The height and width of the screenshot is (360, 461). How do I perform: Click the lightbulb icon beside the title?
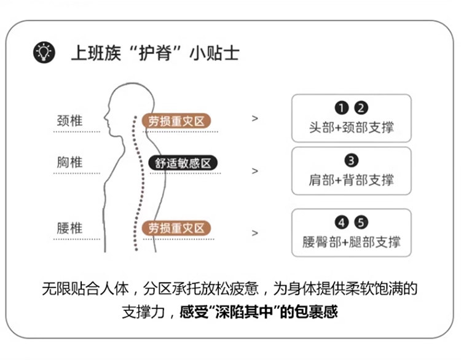[x=43, y=52]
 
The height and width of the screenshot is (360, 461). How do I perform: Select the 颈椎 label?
[x=69, y=119]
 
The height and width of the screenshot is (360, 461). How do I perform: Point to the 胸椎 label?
[x=69, y=163]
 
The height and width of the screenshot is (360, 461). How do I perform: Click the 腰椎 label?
[x=69, y=229]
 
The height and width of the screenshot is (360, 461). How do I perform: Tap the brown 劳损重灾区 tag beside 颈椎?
[x=176, y=120]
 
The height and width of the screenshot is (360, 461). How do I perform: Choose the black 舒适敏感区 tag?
[x=183, y=163]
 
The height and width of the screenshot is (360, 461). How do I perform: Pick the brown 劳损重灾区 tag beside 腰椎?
[x=176, y=229]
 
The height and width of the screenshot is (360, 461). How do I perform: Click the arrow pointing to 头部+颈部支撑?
[x=255, y=118]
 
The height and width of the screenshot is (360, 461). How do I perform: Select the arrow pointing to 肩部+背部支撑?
[x=255, y=171]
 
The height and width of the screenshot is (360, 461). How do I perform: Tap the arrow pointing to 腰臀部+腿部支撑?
[x=255, y=233]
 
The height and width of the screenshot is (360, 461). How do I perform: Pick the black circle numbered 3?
[x=351, y=161]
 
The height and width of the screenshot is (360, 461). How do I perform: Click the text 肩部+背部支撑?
[x=351, y=180]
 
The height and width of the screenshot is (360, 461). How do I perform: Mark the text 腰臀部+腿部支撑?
[x=351, y=241]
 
